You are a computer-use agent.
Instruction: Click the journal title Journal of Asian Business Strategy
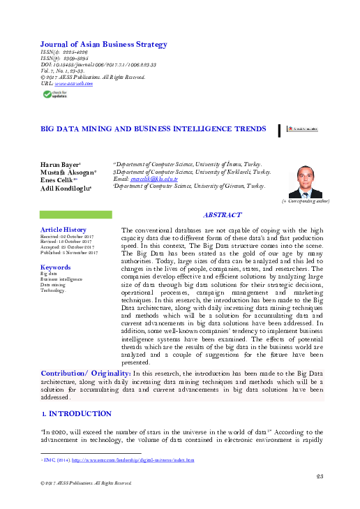103,45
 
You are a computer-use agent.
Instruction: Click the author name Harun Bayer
61,164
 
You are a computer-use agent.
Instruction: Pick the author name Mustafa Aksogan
67,172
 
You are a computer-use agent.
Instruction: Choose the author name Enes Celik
59,179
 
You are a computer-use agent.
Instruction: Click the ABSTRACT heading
222,216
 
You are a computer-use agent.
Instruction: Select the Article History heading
63,229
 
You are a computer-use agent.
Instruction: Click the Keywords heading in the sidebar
55,267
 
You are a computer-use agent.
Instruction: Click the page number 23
320,476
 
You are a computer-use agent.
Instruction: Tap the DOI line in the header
98,64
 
